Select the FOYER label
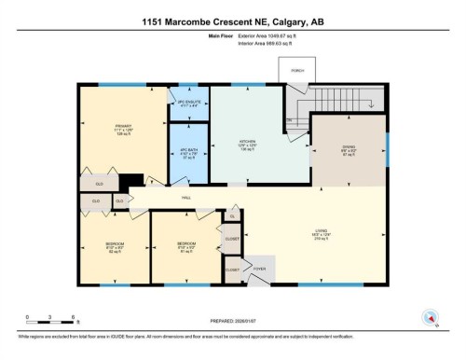point(259,269)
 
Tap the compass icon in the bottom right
point(430,315)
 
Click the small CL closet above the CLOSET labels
point(232,216)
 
